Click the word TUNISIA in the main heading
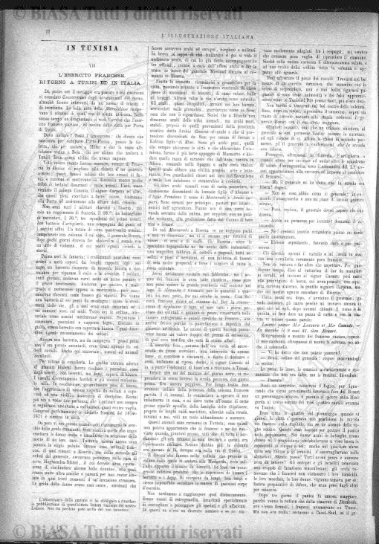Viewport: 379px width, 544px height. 81,46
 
